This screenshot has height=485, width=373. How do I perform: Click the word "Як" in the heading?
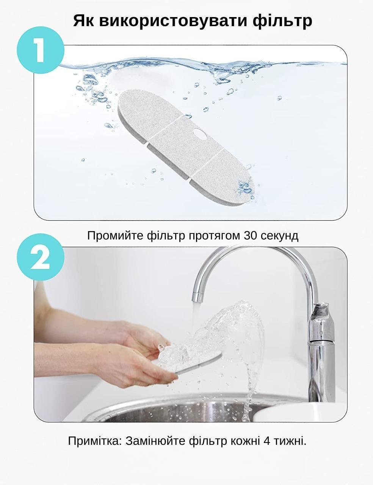pyautogui.click(x=83, y=21)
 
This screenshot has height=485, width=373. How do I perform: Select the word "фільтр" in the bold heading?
pyautogui.click(x=282, y=21)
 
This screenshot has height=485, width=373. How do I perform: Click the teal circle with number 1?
pyautogui.click(x=41, y=50)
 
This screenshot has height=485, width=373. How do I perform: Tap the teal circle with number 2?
pyautogui.click(x=41, y=257)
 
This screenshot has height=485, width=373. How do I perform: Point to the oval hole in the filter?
pyautogui.click(x=200, y=133)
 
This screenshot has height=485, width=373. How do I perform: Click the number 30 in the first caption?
pyautogui.click(x=251, y=236)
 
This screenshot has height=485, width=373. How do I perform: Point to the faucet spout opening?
pyautogui.click(x=197, y=298)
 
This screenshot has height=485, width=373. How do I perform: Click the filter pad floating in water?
pyautogui.click(x=186, y=147)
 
